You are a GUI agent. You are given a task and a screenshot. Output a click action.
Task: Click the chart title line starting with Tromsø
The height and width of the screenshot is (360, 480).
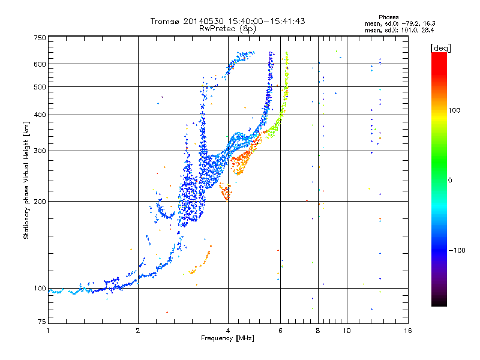[228, 21]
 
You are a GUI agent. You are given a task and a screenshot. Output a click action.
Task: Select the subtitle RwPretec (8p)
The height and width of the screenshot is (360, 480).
[228, 28]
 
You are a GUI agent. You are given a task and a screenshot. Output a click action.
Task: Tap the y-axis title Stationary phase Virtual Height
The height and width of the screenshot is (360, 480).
[26, 180]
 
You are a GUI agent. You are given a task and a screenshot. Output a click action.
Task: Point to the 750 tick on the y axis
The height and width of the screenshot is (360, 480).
[40, 37]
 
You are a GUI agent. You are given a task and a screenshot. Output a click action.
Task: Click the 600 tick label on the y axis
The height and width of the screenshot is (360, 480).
[40, 64]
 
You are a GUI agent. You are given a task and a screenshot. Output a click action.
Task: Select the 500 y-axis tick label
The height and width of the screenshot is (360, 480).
[40, 87]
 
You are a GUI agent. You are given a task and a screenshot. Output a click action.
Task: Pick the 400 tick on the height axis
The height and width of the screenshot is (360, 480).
[40, 115]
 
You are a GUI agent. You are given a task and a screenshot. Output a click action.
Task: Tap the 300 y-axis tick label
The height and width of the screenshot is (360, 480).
[40, 151]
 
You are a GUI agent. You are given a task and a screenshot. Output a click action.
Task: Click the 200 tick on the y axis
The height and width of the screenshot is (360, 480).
[40, 201]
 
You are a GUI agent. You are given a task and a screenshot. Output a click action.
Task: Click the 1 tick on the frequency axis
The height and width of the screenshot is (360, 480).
[48, 331]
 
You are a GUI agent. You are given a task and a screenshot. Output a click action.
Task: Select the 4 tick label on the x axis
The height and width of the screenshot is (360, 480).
[228, 331]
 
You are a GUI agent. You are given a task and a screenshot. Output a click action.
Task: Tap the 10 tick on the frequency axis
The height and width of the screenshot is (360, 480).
[346, 331]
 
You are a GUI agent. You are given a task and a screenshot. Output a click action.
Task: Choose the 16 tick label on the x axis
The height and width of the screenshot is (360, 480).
[407, 331]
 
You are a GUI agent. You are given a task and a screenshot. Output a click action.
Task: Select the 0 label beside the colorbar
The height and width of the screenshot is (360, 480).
[451, 180]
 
